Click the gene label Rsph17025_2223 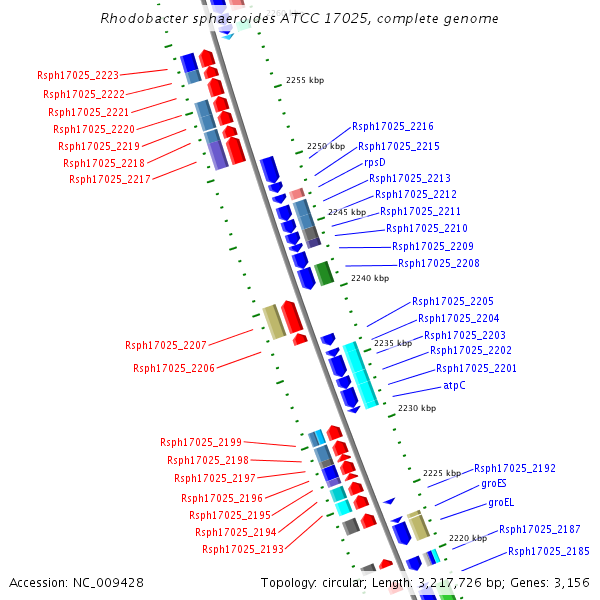pos(78,76)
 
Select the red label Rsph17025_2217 pos(110,180)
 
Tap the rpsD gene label pos(375,162)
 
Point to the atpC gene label pos(455,386)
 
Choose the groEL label pos(501,503)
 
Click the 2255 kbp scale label pos(305,80)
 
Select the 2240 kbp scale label pos(370,279)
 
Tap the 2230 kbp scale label pos(417,408)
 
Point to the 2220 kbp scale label pos(468,538)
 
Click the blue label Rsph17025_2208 pos(439,264)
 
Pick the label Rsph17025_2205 pos(453,302)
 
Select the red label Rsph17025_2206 pos(174,369)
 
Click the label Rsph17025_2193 pos(243,550)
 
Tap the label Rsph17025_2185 pos(549,552)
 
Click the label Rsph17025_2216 pos(393,127)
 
